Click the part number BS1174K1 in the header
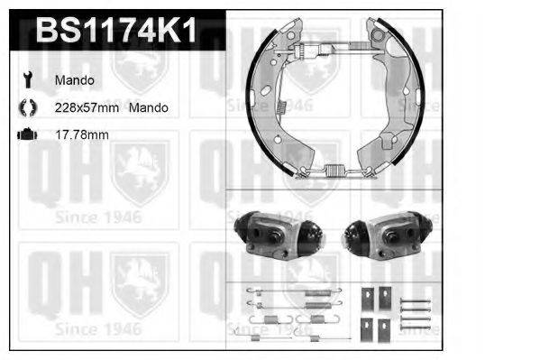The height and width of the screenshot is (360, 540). [x=116, y=31]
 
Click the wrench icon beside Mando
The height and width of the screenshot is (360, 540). [x=28, y=79]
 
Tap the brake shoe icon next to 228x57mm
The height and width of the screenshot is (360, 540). [x=28, y=107]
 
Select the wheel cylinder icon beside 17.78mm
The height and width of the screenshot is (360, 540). [x=27, y=134]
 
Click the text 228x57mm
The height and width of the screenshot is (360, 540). [x=87, y=107]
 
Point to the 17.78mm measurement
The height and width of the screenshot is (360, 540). [x=82, y=134]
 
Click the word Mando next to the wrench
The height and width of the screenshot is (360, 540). [x=75, y=80]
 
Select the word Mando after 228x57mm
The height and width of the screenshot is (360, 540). [x=149, y=107]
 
